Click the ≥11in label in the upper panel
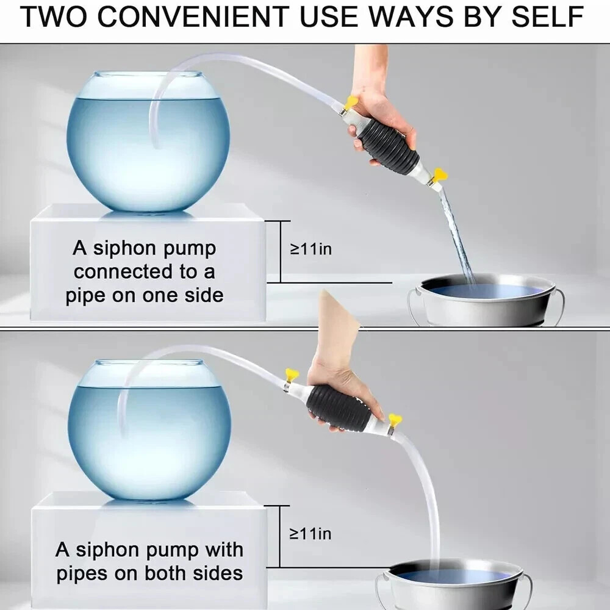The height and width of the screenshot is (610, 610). pos(311,249)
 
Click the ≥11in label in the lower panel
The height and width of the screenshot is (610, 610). pos(310,534)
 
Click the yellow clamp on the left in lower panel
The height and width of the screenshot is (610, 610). pos(292,375)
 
